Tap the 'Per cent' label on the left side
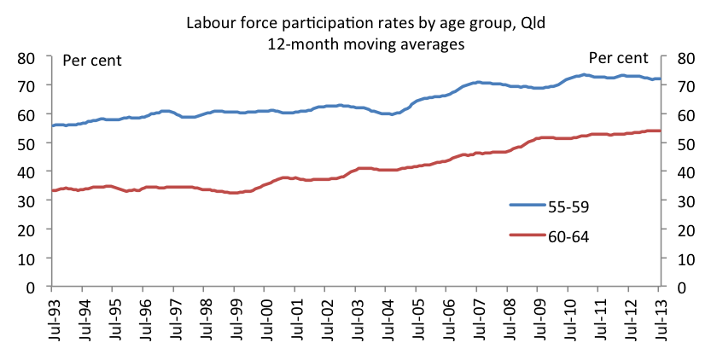pos(93,61)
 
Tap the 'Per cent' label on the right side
pos(619,57)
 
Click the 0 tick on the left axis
pos(38,287)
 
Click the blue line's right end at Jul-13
pos(660,79)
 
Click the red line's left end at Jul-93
pos(53,190)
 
